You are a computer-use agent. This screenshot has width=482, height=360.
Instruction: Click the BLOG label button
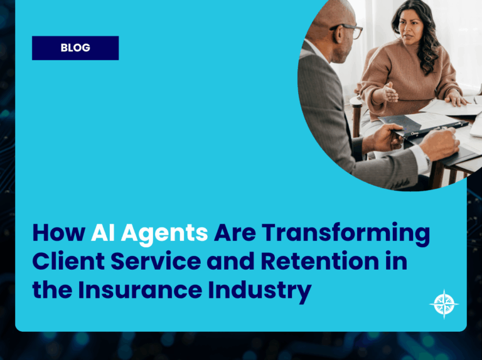(75, 48)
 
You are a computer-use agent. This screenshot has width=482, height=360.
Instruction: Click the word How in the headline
(58, 233)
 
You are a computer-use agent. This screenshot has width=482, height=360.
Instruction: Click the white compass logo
(444, 304)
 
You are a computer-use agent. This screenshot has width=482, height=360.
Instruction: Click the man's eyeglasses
(348, 29)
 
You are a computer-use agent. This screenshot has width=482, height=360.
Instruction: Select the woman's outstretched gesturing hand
(387, 94)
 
